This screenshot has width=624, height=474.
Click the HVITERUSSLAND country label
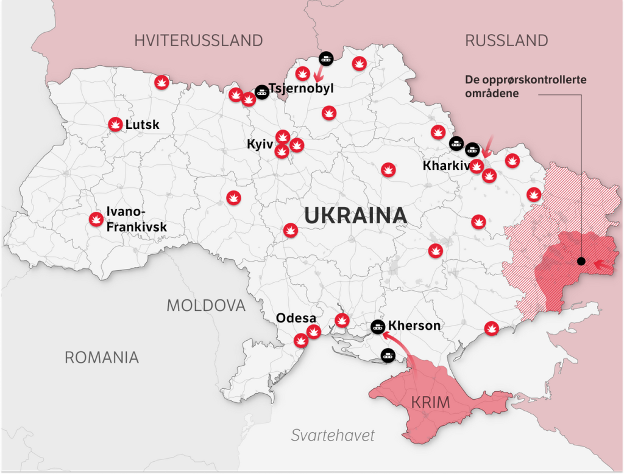[199, 41]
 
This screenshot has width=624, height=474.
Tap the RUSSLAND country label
[506, 41]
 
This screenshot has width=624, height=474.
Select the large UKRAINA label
[355, 215]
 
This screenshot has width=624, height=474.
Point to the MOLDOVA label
[206, 305]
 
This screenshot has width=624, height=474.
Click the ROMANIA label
[102, 357]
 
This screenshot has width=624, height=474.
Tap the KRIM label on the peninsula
[430, 402]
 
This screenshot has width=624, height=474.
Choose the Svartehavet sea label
[333, 435]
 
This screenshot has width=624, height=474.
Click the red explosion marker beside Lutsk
[115, 124]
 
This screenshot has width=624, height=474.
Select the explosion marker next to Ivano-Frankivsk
[96, 219]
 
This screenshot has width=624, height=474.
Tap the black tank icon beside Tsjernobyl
[262, 92]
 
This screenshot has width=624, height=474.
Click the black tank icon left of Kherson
[378, 327]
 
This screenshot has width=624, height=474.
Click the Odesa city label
[296, 318]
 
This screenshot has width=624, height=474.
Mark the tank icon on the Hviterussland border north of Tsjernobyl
[326, 58]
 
